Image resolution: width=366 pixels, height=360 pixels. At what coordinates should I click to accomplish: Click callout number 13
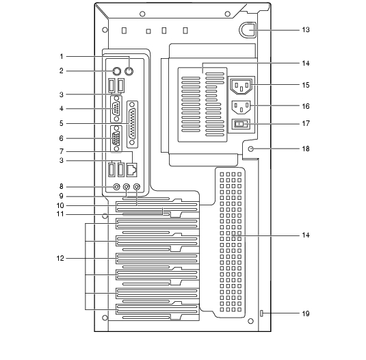306,30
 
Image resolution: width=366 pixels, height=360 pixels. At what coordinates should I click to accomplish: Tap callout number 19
306,313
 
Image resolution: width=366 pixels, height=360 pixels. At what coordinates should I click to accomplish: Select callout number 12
60,258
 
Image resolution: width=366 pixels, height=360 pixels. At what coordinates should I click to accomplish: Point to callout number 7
61,151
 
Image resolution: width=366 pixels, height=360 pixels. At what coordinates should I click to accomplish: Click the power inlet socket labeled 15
241,86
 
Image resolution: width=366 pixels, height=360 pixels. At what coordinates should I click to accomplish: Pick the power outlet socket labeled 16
241,107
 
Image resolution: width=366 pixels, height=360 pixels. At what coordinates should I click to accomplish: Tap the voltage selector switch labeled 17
241,124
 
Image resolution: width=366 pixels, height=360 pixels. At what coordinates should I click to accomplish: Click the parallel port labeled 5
132,125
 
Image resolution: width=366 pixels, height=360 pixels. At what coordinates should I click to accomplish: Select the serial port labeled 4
116,109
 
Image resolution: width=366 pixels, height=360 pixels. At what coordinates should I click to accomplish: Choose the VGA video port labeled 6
116,139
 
